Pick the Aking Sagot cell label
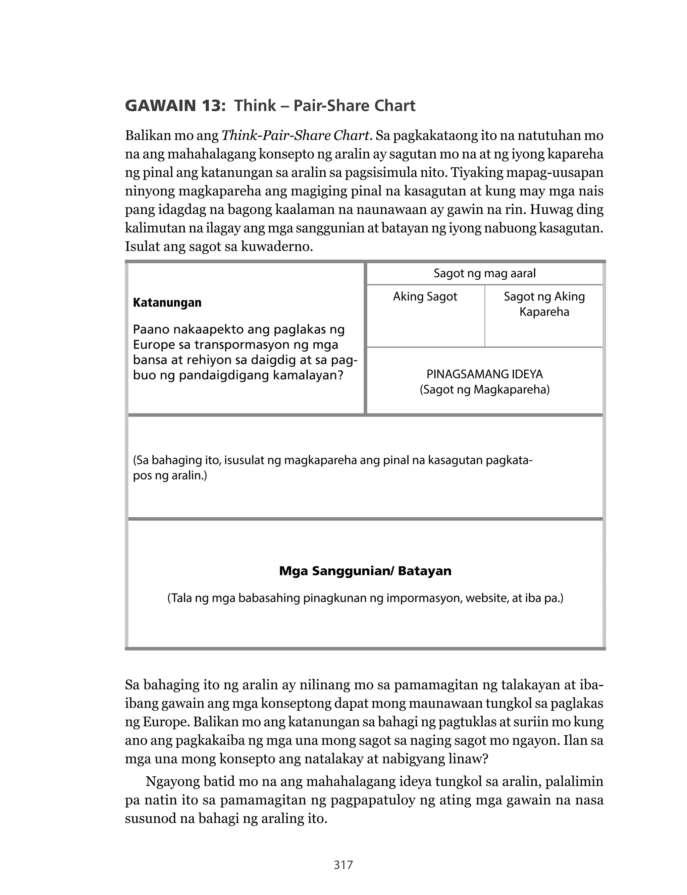coord(425,297)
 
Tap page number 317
coord(343,865)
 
